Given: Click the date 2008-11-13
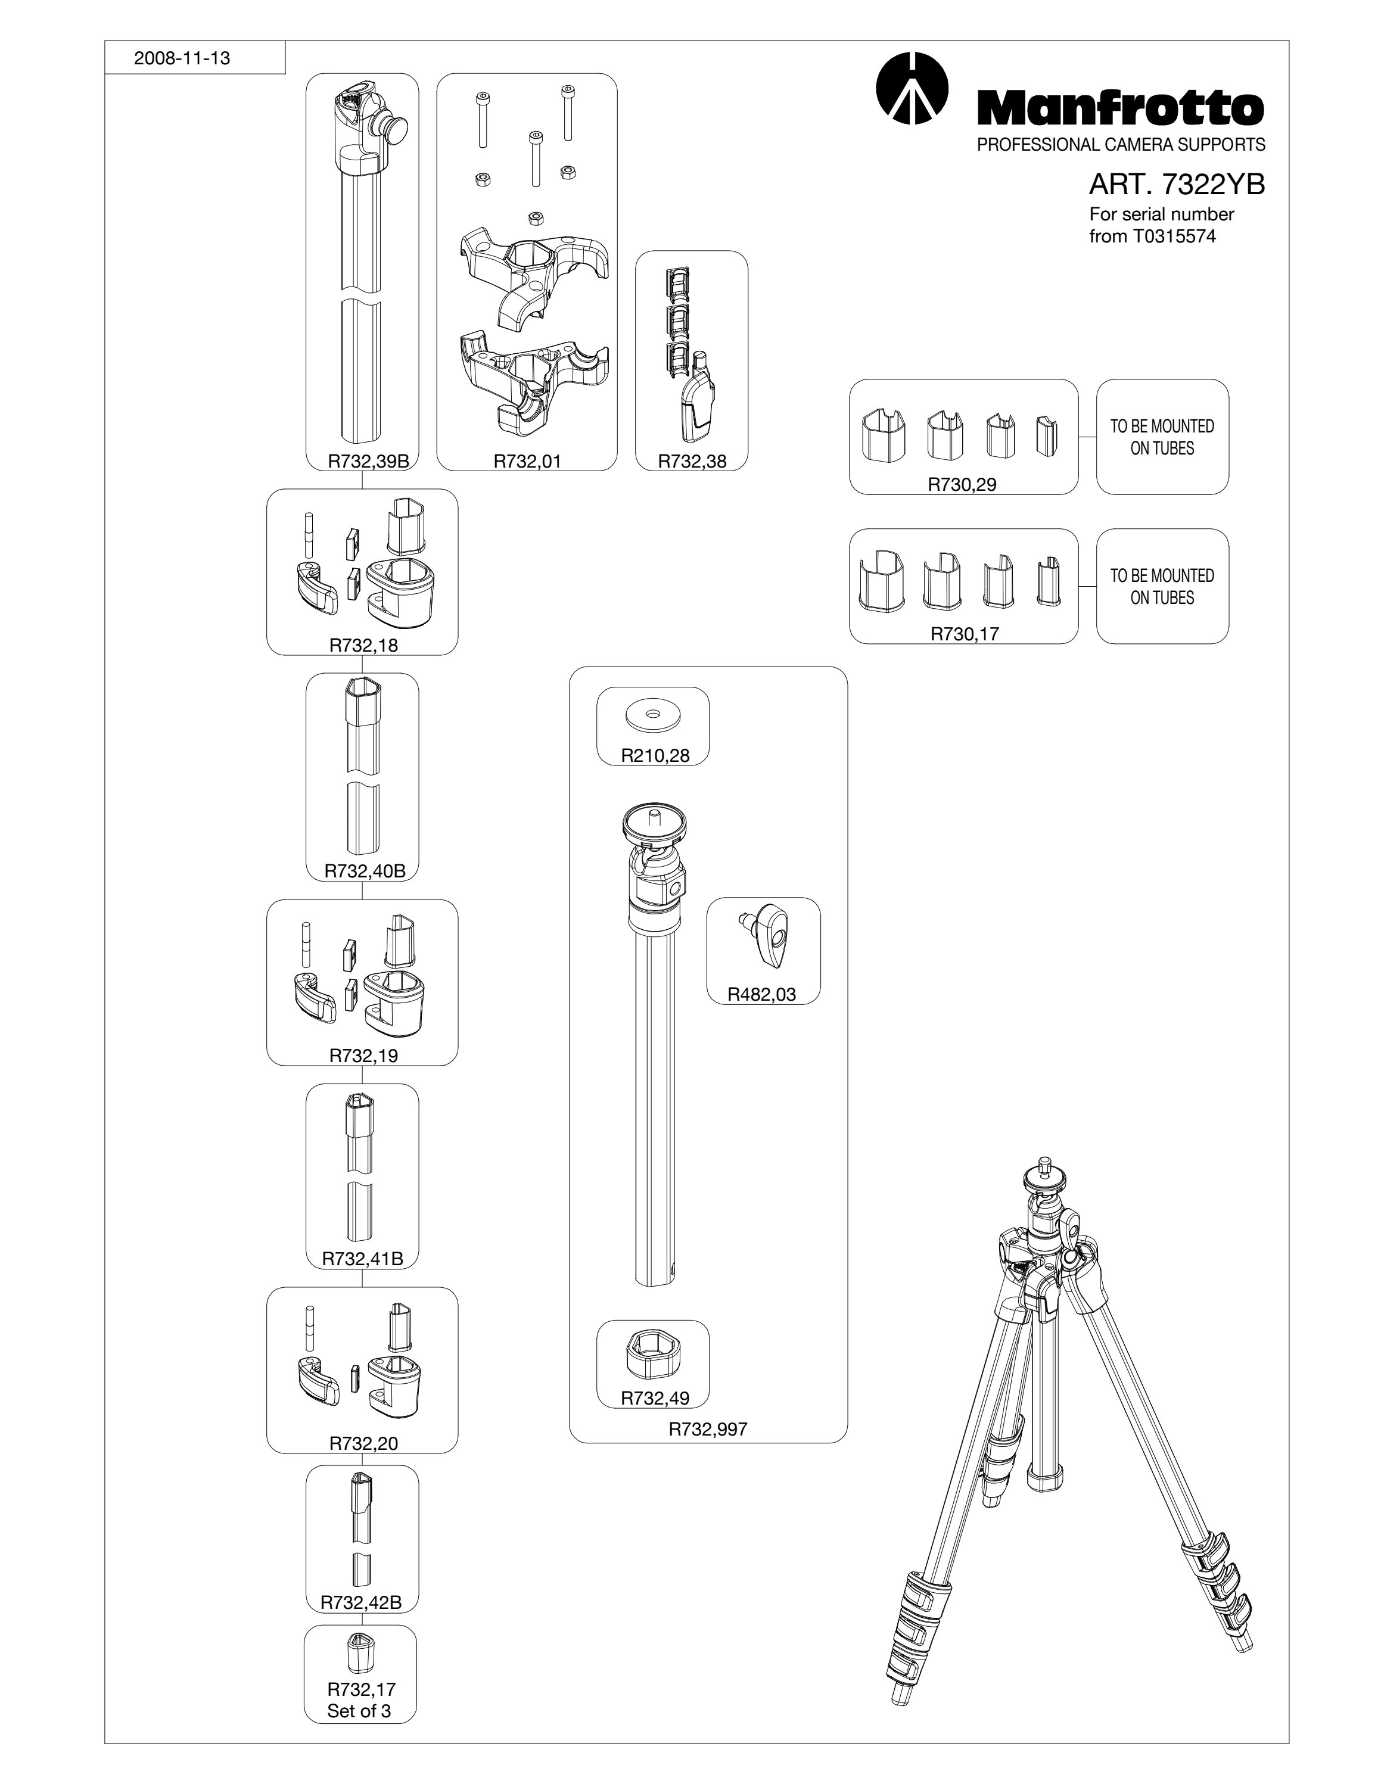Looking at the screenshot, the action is (182, 58).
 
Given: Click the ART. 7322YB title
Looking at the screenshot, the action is (1177, 185).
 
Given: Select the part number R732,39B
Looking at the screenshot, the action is (368, 460).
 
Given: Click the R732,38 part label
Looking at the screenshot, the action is (692, 460).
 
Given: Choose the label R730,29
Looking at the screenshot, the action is (962, 484).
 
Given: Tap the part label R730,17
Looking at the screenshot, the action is (964, 633).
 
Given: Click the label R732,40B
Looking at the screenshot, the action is (365, 871).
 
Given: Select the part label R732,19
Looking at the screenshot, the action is (363, 1056).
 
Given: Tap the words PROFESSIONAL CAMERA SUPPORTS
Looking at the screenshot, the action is (1122, 145).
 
